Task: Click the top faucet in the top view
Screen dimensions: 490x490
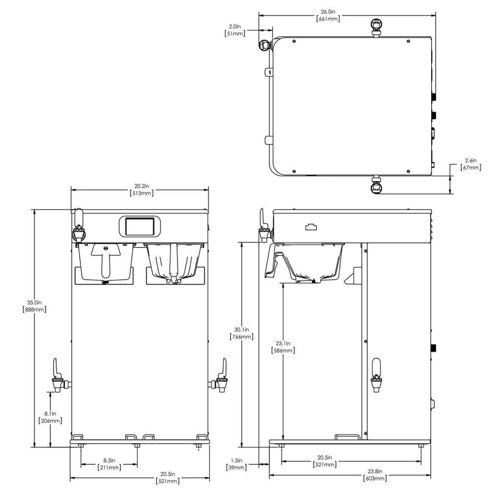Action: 375,27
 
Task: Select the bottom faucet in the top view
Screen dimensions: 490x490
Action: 376,186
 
